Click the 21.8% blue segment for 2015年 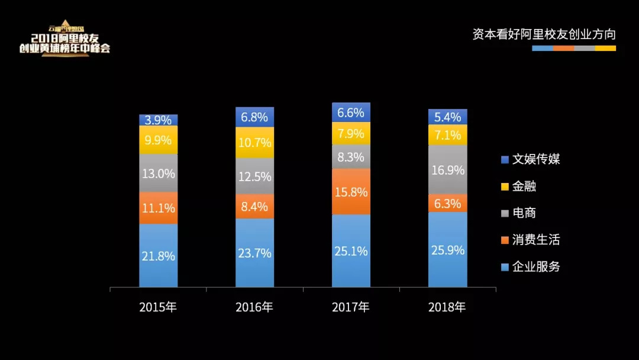159,256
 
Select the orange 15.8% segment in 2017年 351,192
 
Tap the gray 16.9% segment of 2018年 447,170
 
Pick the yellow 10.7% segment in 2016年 254,143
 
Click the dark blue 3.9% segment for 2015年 159,120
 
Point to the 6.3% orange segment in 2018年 447,203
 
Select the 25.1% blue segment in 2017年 351,251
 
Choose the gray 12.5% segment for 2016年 254,176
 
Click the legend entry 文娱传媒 530,159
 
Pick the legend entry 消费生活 530,240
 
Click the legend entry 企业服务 530,266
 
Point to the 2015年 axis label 158,307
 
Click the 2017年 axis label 351,307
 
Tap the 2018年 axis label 447,307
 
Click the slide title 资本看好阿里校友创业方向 544,34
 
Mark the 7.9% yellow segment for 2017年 351,133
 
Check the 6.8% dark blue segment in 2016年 254,117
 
